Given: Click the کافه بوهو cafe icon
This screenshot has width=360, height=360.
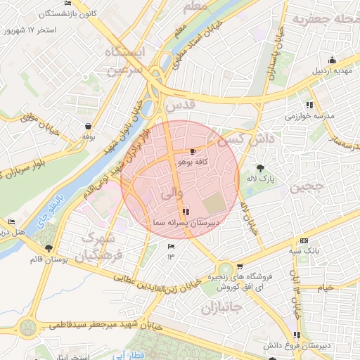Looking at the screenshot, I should point(193,151).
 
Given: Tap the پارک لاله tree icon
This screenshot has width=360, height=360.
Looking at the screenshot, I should point(260,167).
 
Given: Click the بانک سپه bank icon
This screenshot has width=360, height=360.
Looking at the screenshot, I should point(304,240).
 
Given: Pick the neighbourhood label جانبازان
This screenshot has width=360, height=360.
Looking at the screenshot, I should point(221,308).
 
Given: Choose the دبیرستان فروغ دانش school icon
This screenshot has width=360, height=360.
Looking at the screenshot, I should point(297,335).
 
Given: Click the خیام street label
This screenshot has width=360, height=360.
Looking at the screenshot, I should point(325,288).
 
